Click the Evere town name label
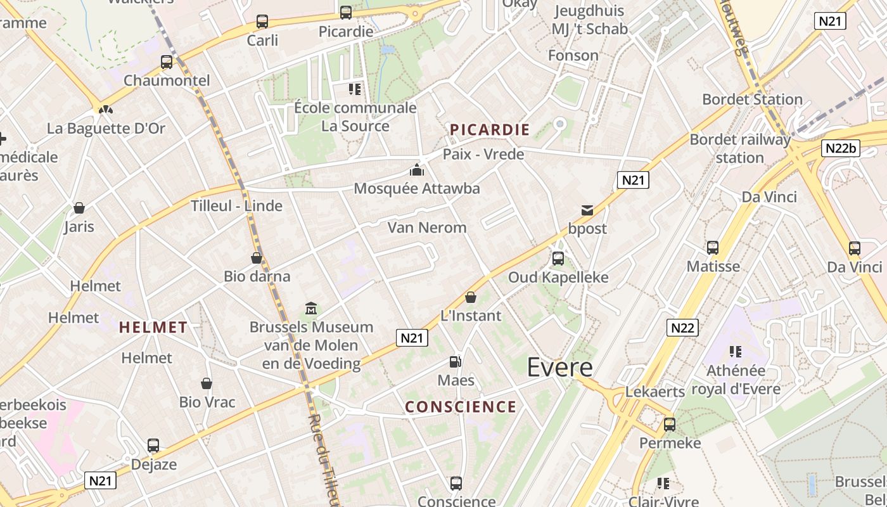tap(560, 368)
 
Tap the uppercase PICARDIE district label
tap(489, 130)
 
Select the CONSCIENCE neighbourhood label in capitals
tap(461, 407)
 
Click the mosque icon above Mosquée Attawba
tap(416, 170)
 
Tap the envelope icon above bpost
tap(587, 210)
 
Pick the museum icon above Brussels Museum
tap(311, 309)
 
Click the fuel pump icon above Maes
tap(455, 362)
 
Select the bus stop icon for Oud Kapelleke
tap(558, 259)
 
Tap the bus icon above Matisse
tap(713, 248)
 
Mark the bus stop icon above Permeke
tap(670, 425)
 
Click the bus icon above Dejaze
tap(153, 446)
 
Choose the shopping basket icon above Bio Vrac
tap(207, 383)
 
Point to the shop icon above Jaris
tap(79, 208)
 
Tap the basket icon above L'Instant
tap(471, 297)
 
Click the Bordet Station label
tap(753, 99)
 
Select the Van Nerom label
tap(427, 228)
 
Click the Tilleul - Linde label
tap(237, 206)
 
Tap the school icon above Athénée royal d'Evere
tap(735, 351)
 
